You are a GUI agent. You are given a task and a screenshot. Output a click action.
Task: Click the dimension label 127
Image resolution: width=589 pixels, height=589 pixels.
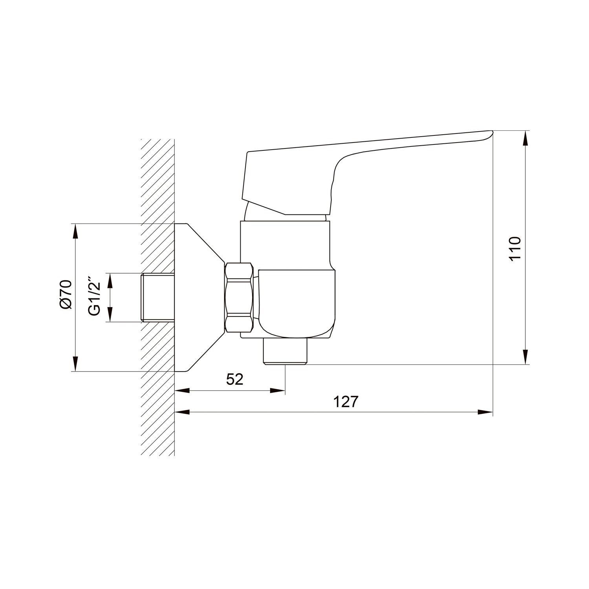pos(346,402)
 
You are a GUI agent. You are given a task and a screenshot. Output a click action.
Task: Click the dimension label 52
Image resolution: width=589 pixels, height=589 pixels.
pos(235,379)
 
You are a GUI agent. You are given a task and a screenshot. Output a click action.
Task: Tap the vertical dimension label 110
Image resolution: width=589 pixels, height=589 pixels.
pos(514,248)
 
